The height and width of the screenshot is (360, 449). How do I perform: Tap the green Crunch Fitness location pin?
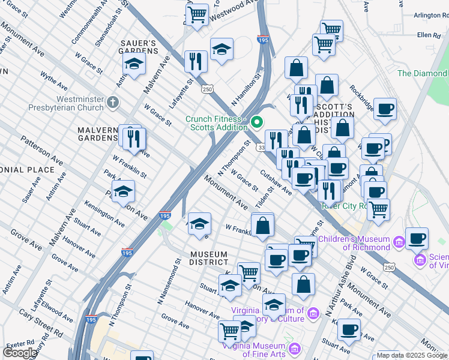(x=257, y=123)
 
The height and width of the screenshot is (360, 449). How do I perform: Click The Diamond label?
(x=422, y=73)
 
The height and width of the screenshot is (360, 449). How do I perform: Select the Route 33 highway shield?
(x=262, y=148)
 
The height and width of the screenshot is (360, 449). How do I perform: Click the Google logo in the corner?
(x=20, y=353)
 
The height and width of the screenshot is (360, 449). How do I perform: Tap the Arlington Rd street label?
(x=423, y=15)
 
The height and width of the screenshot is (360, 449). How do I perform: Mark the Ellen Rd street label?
(x=429, y=35)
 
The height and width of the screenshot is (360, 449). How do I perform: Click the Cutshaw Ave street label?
(x=276, y=182)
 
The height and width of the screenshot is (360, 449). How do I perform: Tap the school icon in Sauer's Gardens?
(x=134, y=65)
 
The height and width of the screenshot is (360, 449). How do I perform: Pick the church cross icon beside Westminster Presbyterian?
(x=112, y=103)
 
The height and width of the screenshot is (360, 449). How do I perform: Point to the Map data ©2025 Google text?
(x=412, y=355)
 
